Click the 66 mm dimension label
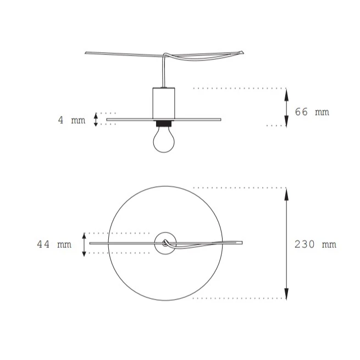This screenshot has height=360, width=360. pos(312,112)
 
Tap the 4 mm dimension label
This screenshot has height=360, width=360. pos(72,120)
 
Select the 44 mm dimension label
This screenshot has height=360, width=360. pos(54,244)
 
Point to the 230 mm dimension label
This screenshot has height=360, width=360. pos(315,244)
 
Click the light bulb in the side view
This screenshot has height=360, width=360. pos(163,140)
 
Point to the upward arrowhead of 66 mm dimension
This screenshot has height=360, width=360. pos(286,92)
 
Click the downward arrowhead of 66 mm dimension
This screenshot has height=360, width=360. pos(286,123)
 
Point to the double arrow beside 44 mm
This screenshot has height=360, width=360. pos(84,244)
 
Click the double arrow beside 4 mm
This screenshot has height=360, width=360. pos(96,119)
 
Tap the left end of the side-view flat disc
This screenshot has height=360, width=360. pos(108,119)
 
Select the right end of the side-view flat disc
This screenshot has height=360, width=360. pos(220,119)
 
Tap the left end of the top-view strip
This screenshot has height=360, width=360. pos(91,242)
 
